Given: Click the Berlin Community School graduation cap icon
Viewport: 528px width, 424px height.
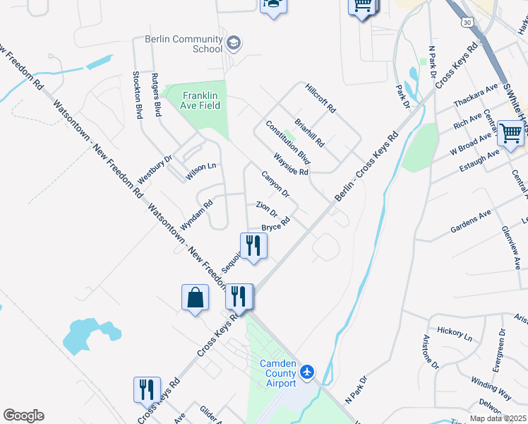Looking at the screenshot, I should pyautogui.click(x=234, y=45).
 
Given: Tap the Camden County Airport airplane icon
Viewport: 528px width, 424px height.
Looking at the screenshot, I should pyautogui.click(x=307, y=371).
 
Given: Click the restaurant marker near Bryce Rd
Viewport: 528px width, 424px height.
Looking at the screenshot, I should pyautogui.click(x=253, y=246).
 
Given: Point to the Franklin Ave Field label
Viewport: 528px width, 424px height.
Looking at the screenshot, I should pyautogui.click(x=202, y=100).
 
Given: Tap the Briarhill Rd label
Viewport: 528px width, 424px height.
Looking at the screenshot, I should pyautogui.click(x=310, y=132).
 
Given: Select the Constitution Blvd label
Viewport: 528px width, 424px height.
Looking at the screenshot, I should pyautogui.click(x=288, y=142).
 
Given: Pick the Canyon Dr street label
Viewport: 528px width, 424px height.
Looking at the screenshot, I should pyautogui.click(x=275, y=184).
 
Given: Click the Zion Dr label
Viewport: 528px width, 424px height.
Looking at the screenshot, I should pyautogui.click(x=267, y=208).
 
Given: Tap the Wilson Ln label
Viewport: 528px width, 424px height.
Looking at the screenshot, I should pyautogui.click(x=200, y=170).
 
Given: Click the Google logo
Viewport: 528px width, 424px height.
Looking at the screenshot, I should pyautogui.click(x=23, y=416).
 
